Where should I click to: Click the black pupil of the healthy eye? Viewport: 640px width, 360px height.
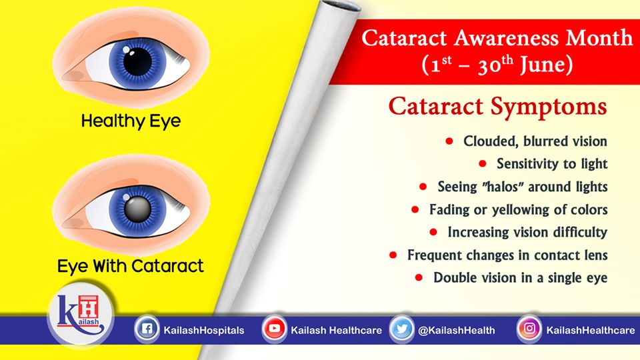(137, 61)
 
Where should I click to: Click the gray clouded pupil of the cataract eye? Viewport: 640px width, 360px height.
(137, 209)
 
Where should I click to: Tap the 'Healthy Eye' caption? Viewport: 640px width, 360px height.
(131, 121)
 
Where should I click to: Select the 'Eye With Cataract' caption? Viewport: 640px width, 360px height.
(130, 266)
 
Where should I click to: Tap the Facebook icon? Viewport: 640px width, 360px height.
(147, 329)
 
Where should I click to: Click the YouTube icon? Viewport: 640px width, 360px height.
(274, 329)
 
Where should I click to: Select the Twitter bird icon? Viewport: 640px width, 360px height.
(402, 329)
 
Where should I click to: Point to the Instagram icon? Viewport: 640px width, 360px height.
(529, 329)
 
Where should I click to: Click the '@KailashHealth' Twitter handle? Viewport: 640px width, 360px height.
(456, 330)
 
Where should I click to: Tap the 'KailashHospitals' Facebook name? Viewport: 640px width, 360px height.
(204, 330)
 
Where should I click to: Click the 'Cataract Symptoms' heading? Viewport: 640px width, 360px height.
(497, 107)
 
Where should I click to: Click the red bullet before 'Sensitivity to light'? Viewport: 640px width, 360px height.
(483, 164)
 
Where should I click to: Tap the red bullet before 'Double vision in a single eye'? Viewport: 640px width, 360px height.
(419, 277)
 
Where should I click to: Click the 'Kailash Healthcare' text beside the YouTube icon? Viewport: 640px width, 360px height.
(336, 330)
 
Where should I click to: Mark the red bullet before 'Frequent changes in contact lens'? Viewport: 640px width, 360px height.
(393, 255)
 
